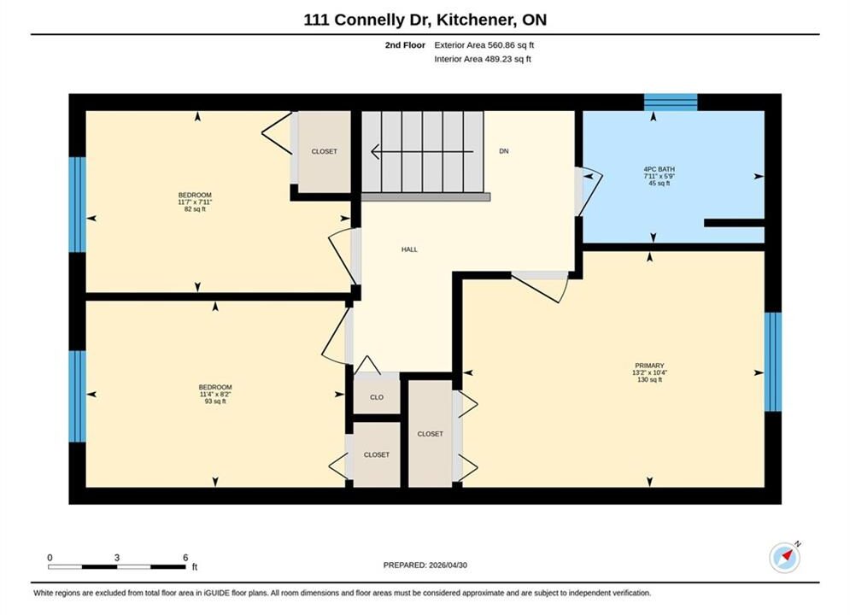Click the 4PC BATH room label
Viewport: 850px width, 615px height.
tap(659, 169)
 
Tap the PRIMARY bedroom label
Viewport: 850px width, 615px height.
tap(649, 366)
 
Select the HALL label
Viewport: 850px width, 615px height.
tap(409, 249)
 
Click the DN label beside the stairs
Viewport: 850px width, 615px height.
tap(504, 151)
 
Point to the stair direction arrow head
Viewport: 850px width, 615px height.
tap(375, 152)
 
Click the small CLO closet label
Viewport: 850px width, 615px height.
tap(377, 397)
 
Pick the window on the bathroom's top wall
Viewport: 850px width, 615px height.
tap(671, 102)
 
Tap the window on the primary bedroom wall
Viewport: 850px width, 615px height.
tap(773, 362)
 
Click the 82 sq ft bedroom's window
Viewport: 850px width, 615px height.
tap(78, 205)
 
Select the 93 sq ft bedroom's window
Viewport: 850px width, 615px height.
tap(78, 396)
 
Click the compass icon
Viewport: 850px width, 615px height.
tap(785, 557)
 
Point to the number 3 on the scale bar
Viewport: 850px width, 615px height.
tap(116, 558)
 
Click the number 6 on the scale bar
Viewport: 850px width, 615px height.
tap(185, 558)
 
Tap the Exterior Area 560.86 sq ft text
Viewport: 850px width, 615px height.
tap(484, 45)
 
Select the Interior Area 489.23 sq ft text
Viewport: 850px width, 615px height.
tap(483, 59)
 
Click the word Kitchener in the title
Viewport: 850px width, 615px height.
tap(476, 20)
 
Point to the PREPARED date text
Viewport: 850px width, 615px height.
tap(425, 565)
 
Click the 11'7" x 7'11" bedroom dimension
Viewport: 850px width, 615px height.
tap(195, 202)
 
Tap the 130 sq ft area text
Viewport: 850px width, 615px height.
tap(649, 380)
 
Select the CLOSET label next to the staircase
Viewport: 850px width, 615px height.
tap(324, 152)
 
